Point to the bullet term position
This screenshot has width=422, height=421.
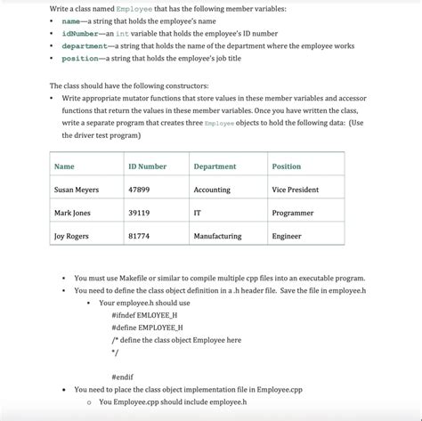pyautogui.click(x=80, y=58)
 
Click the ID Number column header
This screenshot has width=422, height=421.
pyautogui.click(x=147, y=166)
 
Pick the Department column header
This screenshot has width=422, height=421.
pyautogui.click(x=215, y=166)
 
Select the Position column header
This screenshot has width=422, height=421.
pyautogui.click(x=287, y=166)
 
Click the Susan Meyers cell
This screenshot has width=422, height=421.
pyautogui.click(x=77, y=190)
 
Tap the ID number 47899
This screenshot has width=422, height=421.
pyautogui.click(x=139, y=190)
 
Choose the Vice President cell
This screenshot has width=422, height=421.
pyautogui.click(x=295, y=190)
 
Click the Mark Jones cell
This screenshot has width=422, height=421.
pyautogui.click(x=72, y=213)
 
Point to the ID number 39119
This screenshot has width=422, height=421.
pyautogui.click(x=139, y=213)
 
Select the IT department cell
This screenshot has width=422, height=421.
pyautogui.click(x=197, y=213)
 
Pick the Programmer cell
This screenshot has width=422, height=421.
pyautogui.click(x=293, y=213)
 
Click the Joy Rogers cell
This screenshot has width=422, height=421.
pyautogui.click(x=71, y=236)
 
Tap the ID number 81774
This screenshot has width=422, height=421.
pyautogui.click(x=139, y=236)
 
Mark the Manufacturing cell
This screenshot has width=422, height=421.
pyautogui.click(x=217, y=236)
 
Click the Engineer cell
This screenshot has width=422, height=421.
pyautogui.click(x=287, y=236)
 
